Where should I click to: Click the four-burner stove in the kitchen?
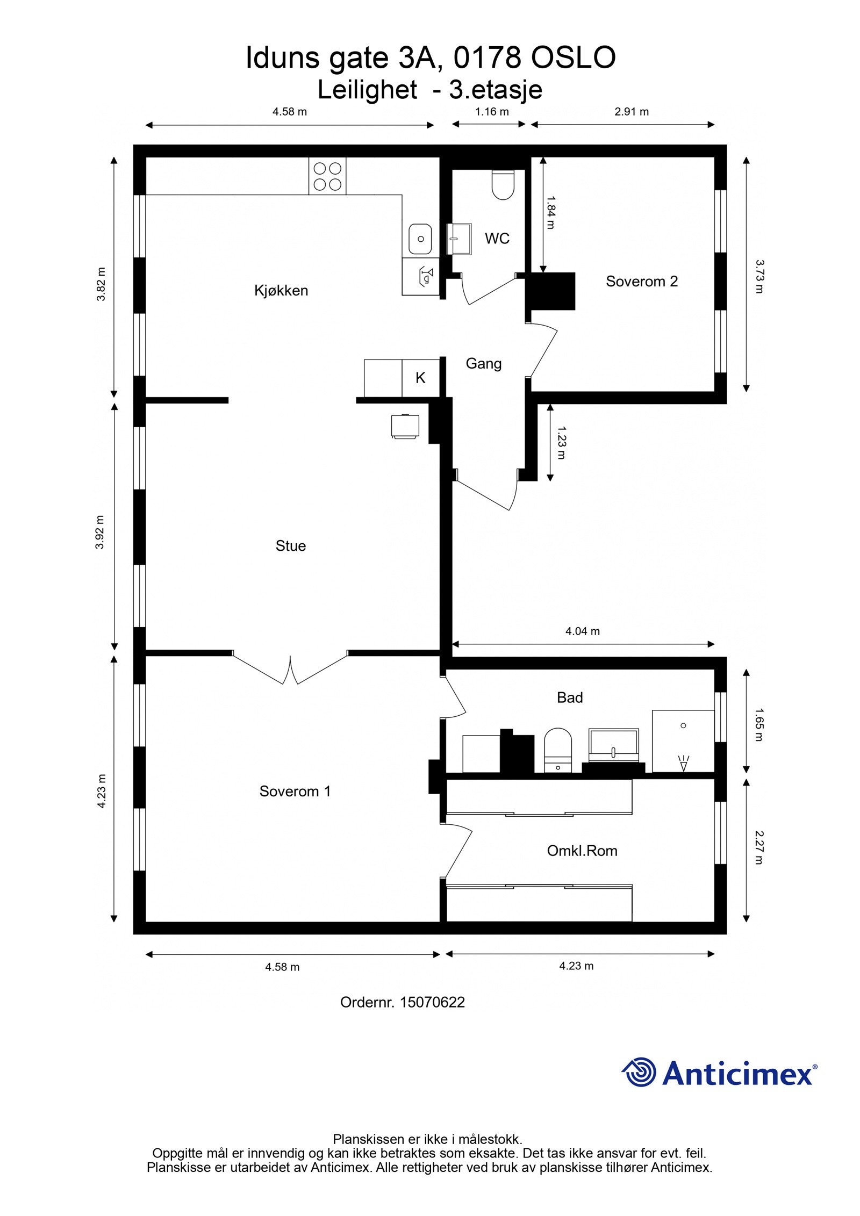327,176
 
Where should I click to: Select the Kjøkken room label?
281,291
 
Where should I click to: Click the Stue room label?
291,546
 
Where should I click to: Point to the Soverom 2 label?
642,281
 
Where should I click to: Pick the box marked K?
420,378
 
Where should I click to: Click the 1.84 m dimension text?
550,213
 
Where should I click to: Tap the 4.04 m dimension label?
582,631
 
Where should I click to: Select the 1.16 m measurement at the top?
491,112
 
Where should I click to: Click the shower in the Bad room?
683,742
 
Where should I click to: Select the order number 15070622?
432,1002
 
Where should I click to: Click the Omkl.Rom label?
582,851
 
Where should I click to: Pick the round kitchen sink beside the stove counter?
420,239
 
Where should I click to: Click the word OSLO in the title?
573,58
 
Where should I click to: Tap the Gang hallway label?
484,364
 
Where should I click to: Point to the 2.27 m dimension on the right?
758,847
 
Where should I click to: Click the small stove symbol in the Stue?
405,426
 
